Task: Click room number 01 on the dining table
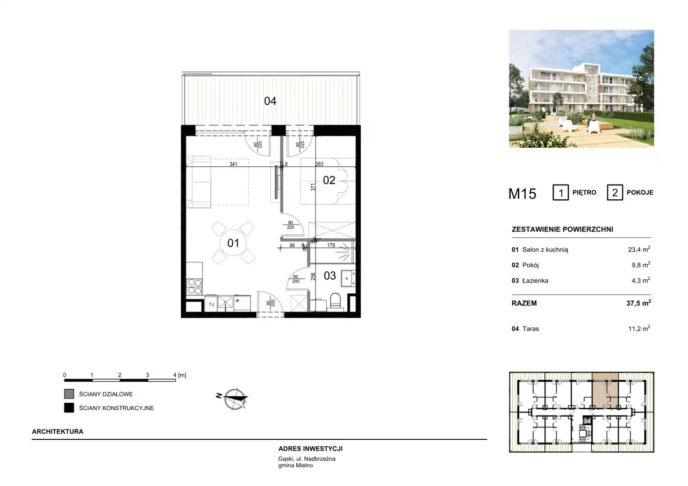point(233,243)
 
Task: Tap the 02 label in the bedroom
point(329,180)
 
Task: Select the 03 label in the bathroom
point(330,276)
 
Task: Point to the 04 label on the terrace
point(270,101)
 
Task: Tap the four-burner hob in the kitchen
point(195,287)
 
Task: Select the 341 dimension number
point(233,164)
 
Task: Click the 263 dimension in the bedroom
point(319,164)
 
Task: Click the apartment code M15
point(522,194)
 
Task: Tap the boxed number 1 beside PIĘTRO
point(561,193)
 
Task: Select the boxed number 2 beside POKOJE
point(614,193)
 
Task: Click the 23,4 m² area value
point(639,249)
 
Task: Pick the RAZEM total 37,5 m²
point(639,303)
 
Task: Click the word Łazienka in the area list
point(535,280)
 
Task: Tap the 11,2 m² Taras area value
point(640,328)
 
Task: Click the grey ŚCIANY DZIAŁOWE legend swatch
point(69,394)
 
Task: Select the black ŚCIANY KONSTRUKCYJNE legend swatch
point(69,408)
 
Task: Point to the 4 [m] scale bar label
point(180,375)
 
